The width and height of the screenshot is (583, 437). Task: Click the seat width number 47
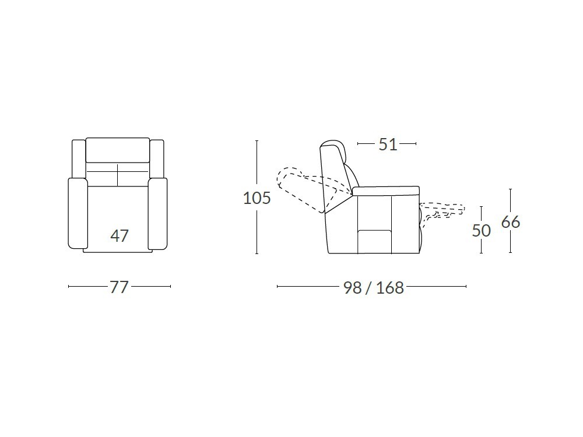[120, 235]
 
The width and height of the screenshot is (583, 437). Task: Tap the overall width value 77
[119, 287]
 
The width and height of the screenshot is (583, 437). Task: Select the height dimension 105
[257, 198]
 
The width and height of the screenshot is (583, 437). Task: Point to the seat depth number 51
[388, 144]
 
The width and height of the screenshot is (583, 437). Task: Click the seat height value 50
[482, 231]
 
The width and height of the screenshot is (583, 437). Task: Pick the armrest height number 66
[511, 222]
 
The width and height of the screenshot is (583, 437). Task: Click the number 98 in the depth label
[353, 287]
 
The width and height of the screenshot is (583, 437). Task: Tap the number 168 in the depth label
[389, 287]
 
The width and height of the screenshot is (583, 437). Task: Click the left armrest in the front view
[78, 213]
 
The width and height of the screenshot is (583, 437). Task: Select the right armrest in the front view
[157, 213]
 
